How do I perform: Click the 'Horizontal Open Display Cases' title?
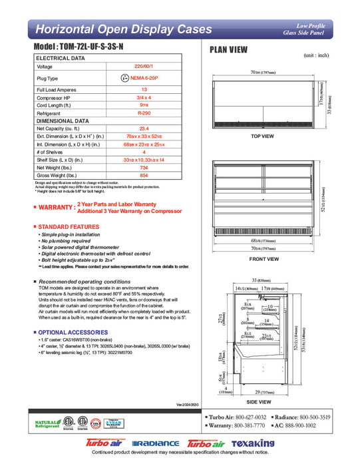123,30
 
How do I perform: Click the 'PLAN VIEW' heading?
230,49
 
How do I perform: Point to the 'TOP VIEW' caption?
262,136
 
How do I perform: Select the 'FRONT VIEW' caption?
262,259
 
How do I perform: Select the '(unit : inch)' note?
319,57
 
